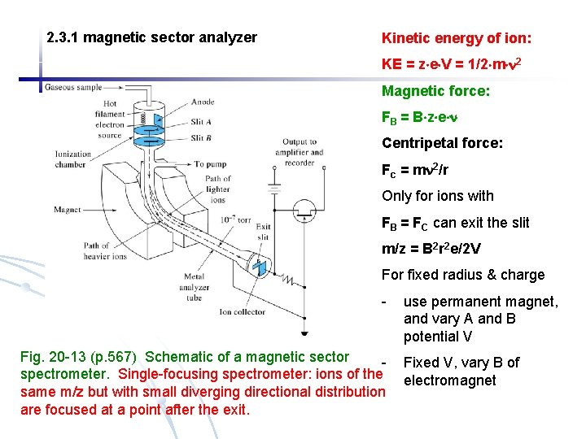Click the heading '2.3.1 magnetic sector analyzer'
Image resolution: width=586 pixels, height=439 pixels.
[152, 37]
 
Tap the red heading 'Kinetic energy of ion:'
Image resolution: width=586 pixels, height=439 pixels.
[457, 37]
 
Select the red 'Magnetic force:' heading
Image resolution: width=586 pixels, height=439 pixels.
[435, 92]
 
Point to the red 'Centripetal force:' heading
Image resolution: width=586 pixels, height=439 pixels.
[442, 144]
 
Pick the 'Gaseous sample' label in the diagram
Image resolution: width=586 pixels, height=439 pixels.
[74, 87]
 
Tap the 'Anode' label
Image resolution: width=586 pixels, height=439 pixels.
[203, 102]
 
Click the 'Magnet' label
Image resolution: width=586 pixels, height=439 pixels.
[68, 210]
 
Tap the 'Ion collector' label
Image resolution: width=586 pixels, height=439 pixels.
[243, 311]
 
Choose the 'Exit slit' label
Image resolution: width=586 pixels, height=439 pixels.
[263, 233]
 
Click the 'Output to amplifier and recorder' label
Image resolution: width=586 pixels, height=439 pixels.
[298, 152]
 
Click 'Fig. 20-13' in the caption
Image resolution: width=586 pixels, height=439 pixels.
[52, 357]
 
